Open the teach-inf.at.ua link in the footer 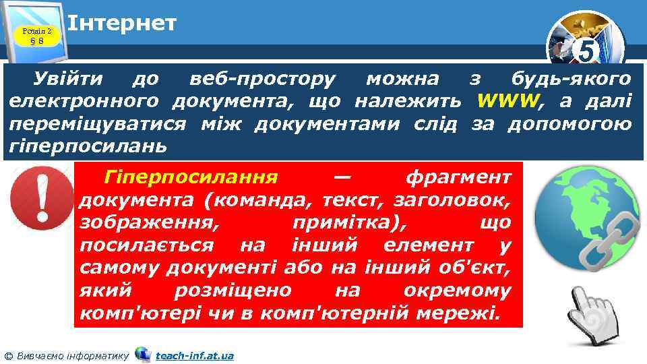coord(194,355)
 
